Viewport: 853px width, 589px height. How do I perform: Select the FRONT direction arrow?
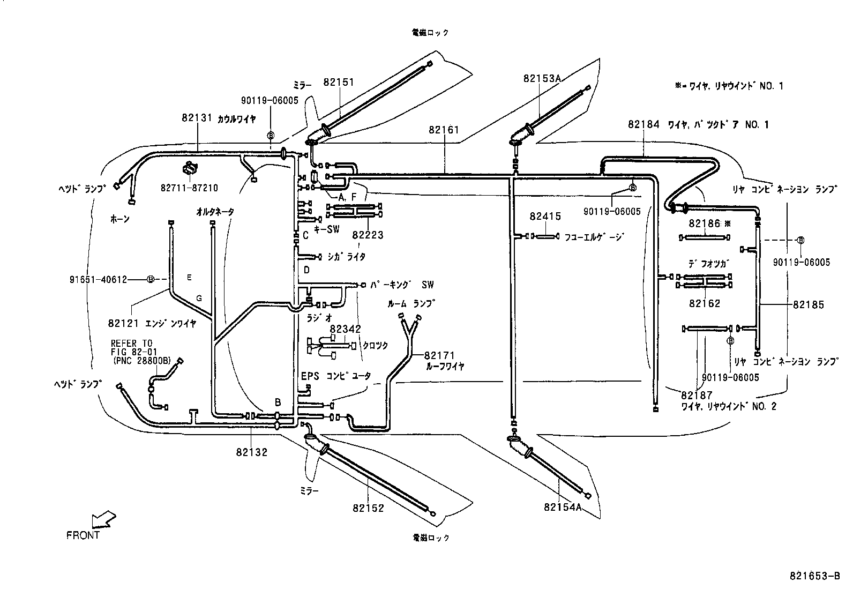[103, 520]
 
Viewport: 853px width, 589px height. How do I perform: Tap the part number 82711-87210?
[189, 188]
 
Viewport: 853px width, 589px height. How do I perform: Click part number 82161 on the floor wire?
[444, 130]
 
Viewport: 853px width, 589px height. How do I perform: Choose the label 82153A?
[542, 79]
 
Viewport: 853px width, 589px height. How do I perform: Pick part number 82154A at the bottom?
[562, 507]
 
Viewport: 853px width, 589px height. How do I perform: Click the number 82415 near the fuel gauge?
[545, 217]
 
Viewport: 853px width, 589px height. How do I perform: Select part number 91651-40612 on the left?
[98, 279]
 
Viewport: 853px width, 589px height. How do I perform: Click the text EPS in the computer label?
[309, 377]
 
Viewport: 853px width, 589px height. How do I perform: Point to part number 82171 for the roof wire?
[439, 355]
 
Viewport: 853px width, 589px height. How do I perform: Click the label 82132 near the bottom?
[251, 452]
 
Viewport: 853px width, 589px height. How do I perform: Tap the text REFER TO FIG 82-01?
[132, 347]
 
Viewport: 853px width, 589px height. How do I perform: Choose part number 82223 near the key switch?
[368, 235]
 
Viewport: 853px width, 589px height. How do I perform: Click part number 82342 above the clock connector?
[345, 329]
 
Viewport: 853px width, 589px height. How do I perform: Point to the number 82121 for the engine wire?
[123, 323]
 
